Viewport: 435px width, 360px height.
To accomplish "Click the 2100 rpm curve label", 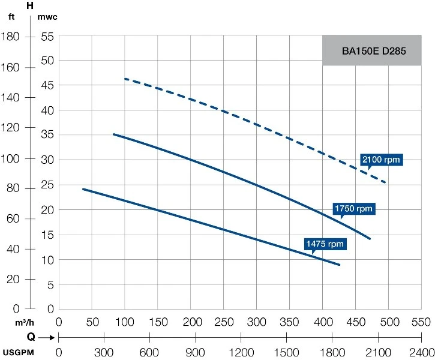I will (380, 160).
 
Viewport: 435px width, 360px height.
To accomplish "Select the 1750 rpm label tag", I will (353, 209).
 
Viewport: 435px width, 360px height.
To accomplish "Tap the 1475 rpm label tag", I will (325, 244).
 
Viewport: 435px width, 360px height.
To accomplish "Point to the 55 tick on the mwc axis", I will (47, 37).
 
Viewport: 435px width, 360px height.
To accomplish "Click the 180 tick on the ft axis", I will (13, 37).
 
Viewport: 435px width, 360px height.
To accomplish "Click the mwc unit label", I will (47, 16).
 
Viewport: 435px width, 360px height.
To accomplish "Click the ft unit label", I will (11, 16).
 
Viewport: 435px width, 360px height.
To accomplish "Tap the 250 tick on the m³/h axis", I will (223, 322).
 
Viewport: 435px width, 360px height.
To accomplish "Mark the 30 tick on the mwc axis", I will (47, 160).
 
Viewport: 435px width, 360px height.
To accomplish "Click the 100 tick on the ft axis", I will (13, 158).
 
